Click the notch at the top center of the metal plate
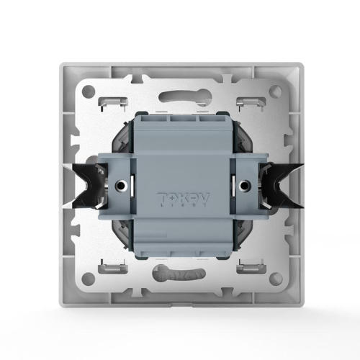180,69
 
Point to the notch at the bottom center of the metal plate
180,295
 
